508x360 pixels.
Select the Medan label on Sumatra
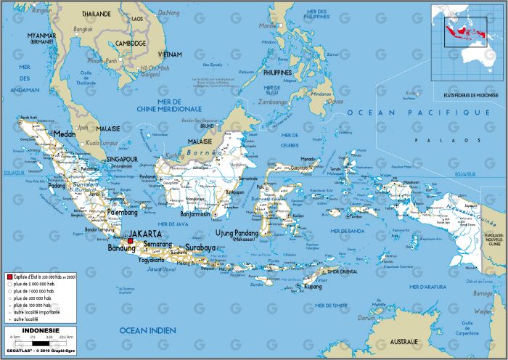(65, 134)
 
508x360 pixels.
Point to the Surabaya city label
(200, 247)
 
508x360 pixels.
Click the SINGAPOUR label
(122, 158)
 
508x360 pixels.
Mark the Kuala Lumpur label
(102, 144)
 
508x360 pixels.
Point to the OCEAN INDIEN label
(147, 331)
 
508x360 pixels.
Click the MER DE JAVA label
(174, 224)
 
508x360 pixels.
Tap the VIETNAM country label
(171, 54)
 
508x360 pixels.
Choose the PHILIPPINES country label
(277, 73)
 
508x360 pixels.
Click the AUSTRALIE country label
(401, 341)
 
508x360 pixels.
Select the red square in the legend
(9, 277)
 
